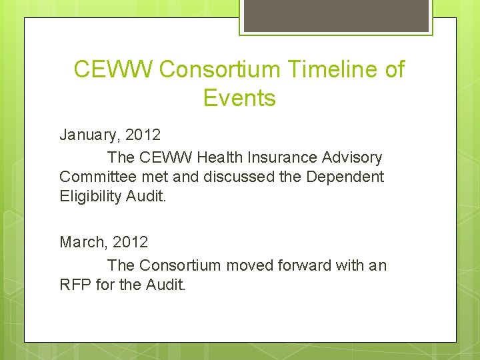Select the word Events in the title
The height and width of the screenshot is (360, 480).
pos(239,99)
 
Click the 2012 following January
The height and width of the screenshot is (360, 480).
pos(143,135)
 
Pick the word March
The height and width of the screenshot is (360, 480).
pos(83,242)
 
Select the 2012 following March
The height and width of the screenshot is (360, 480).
pos(130,242)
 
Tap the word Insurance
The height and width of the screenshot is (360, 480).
pos(283,158)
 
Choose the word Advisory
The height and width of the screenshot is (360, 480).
pos(351,158)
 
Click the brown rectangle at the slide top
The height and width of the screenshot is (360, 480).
pos(336,15)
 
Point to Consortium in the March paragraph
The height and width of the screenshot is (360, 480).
pos(179,265)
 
